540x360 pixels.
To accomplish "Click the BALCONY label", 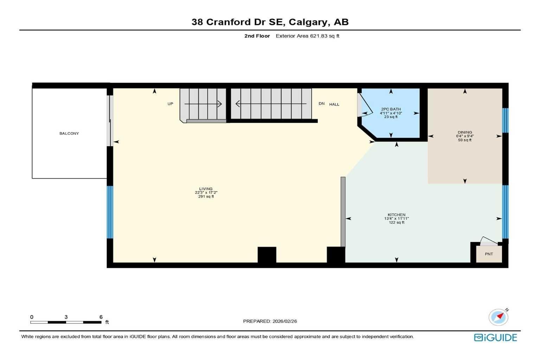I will (x=69, y=134).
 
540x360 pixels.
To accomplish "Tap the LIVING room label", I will (x=206, y=189).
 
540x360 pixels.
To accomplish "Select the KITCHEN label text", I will (x=396, y=215).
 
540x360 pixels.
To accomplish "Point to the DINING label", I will (x=464, y=133).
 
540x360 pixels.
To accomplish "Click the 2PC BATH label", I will (x=391, y=109).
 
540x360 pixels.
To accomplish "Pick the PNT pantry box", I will (x=489, y=254).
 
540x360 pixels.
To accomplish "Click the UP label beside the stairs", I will (x=170, y=104).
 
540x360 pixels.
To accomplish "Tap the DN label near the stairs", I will (x=321, y=104).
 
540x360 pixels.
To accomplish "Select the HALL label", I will (x=334, y=104).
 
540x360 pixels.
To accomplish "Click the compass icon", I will (x=498, y=317).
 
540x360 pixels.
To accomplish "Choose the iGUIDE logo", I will (x=495, y=337).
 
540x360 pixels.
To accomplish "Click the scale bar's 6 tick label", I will (x=101, y=317).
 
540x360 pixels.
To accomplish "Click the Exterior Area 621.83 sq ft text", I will (x=307, y=36).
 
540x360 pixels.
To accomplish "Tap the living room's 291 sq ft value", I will (x=206, y=197).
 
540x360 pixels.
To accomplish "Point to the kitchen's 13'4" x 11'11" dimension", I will (x=396, y=219).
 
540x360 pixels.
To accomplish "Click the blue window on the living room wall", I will (x=110, y=212).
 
